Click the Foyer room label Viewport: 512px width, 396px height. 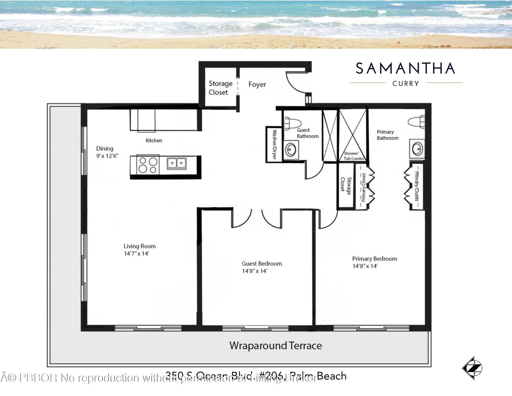point(257,84)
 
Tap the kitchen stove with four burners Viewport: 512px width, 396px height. point(148,165)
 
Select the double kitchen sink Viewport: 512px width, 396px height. point(177,163)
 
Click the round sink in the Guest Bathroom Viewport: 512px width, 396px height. point(290,150)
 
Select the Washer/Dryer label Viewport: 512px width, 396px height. point(274,144)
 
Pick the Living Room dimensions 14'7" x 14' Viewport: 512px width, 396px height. point(136,254)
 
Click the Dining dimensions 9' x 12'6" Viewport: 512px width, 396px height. point(107,156)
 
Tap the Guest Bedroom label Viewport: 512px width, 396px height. point(262,264)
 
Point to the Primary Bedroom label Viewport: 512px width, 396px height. point(374,259)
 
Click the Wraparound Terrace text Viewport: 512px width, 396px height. point(275,346)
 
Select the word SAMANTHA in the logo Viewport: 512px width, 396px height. point(405,68)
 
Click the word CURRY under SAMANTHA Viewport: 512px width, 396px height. point(406,84)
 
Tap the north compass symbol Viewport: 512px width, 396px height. point(472,368)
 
